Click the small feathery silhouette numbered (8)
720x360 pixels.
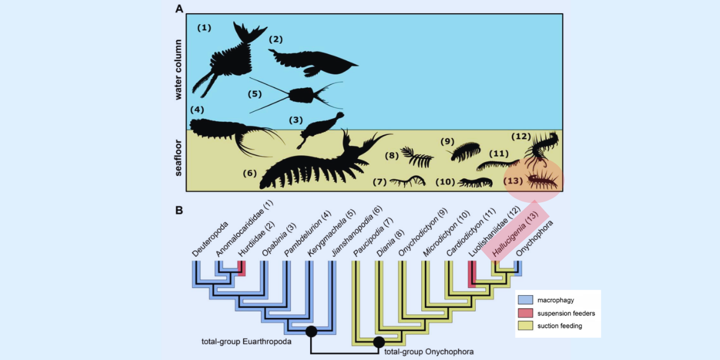418,157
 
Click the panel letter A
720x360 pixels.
179,9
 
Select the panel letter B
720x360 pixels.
179,211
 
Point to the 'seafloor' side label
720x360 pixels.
178,160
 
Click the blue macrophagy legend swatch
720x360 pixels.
526,299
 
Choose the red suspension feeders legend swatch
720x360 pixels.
526,313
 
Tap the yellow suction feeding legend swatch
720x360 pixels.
526,326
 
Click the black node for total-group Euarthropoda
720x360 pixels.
311,331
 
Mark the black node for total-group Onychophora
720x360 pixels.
379,343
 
